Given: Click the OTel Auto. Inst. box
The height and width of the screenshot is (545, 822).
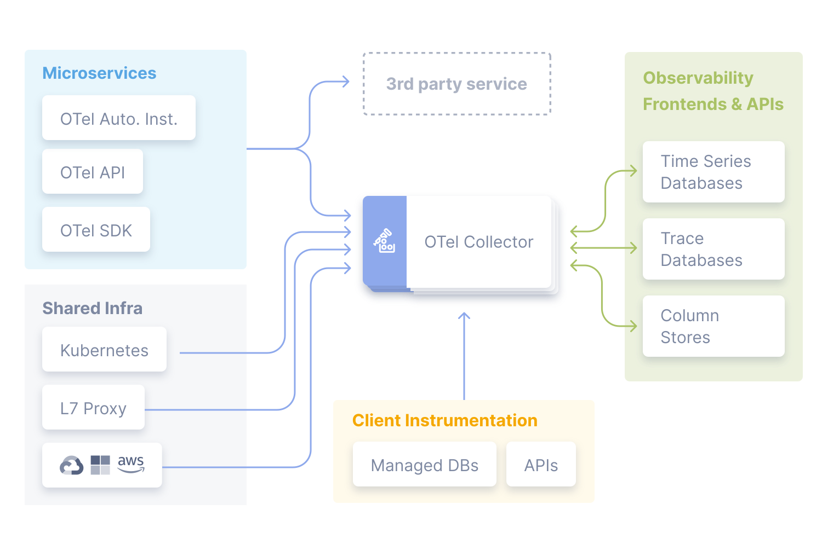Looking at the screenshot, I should tap(119, 118).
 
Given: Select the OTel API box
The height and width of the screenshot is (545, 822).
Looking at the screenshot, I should tap(93, 172).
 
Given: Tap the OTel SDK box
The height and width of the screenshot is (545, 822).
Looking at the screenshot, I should tap(96, 230).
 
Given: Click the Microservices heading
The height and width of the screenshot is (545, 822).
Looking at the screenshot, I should tap(99, 73).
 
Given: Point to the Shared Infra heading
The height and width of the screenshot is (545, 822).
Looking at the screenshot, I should tap(92, 309).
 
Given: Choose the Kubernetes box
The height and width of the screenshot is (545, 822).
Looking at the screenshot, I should tap(104, 350).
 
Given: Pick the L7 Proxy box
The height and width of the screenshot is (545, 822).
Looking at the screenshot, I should tap(93, 408).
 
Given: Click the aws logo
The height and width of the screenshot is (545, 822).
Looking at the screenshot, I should tap(131, 463).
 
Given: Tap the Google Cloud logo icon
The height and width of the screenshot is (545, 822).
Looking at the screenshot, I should tap(72, 466).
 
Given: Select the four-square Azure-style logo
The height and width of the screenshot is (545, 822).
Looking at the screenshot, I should tap(100, 465).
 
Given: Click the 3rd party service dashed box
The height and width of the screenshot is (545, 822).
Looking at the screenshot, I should tap(456, 84).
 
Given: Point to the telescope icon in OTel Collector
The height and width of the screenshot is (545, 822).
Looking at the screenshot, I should tap(384, 241).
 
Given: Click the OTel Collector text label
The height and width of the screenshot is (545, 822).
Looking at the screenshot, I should tap(478, 242).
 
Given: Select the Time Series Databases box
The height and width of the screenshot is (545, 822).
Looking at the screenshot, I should tap(713, 172).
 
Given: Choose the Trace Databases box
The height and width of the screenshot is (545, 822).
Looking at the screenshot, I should tap(713, 249).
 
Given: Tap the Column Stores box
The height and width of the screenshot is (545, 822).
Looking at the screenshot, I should tap(713, 326).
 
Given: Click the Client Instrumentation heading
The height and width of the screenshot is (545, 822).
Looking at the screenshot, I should tap(444, 420).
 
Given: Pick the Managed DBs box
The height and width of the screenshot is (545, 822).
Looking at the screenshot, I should tap(424, 465).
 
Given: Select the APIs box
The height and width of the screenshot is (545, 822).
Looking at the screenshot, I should tap(541, 465).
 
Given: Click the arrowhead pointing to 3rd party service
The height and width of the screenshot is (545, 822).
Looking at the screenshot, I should tap(345, 82).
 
